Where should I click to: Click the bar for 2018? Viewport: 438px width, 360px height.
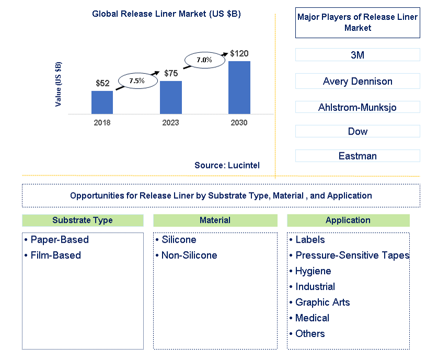coord(102,102)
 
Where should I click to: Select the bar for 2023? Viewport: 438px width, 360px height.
coord(170,97)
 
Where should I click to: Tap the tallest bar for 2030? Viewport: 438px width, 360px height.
coord(239,87)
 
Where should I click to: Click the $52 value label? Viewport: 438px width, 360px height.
coord(102,83)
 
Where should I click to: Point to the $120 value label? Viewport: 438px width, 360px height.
coord(239,53)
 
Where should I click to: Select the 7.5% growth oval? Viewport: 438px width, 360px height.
coord(137,81)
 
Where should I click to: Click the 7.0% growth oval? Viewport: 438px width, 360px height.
coord(204,60)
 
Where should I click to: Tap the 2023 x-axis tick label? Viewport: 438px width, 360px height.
coord(170,122)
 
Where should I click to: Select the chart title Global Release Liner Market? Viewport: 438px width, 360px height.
coord(166,14)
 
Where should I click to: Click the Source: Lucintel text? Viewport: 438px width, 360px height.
coord(227,165)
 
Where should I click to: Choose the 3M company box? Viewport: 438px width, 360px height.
coord(358,55)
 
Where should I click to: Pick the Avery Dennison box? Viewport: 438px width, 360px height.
coord(358,81)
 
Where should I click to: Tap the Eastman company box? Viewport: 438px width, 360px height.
coord(358,156)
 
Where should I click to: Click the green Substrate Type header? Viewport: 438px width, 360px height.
coord(83,220)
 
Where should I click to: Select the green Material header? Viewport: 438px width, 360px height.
coord(215,220)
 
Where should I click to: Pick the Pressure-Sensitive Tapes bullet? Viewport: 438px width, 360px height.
coord(352,255)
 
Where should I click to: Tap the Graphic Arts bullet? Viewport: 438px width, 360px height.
coord(322,302)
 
